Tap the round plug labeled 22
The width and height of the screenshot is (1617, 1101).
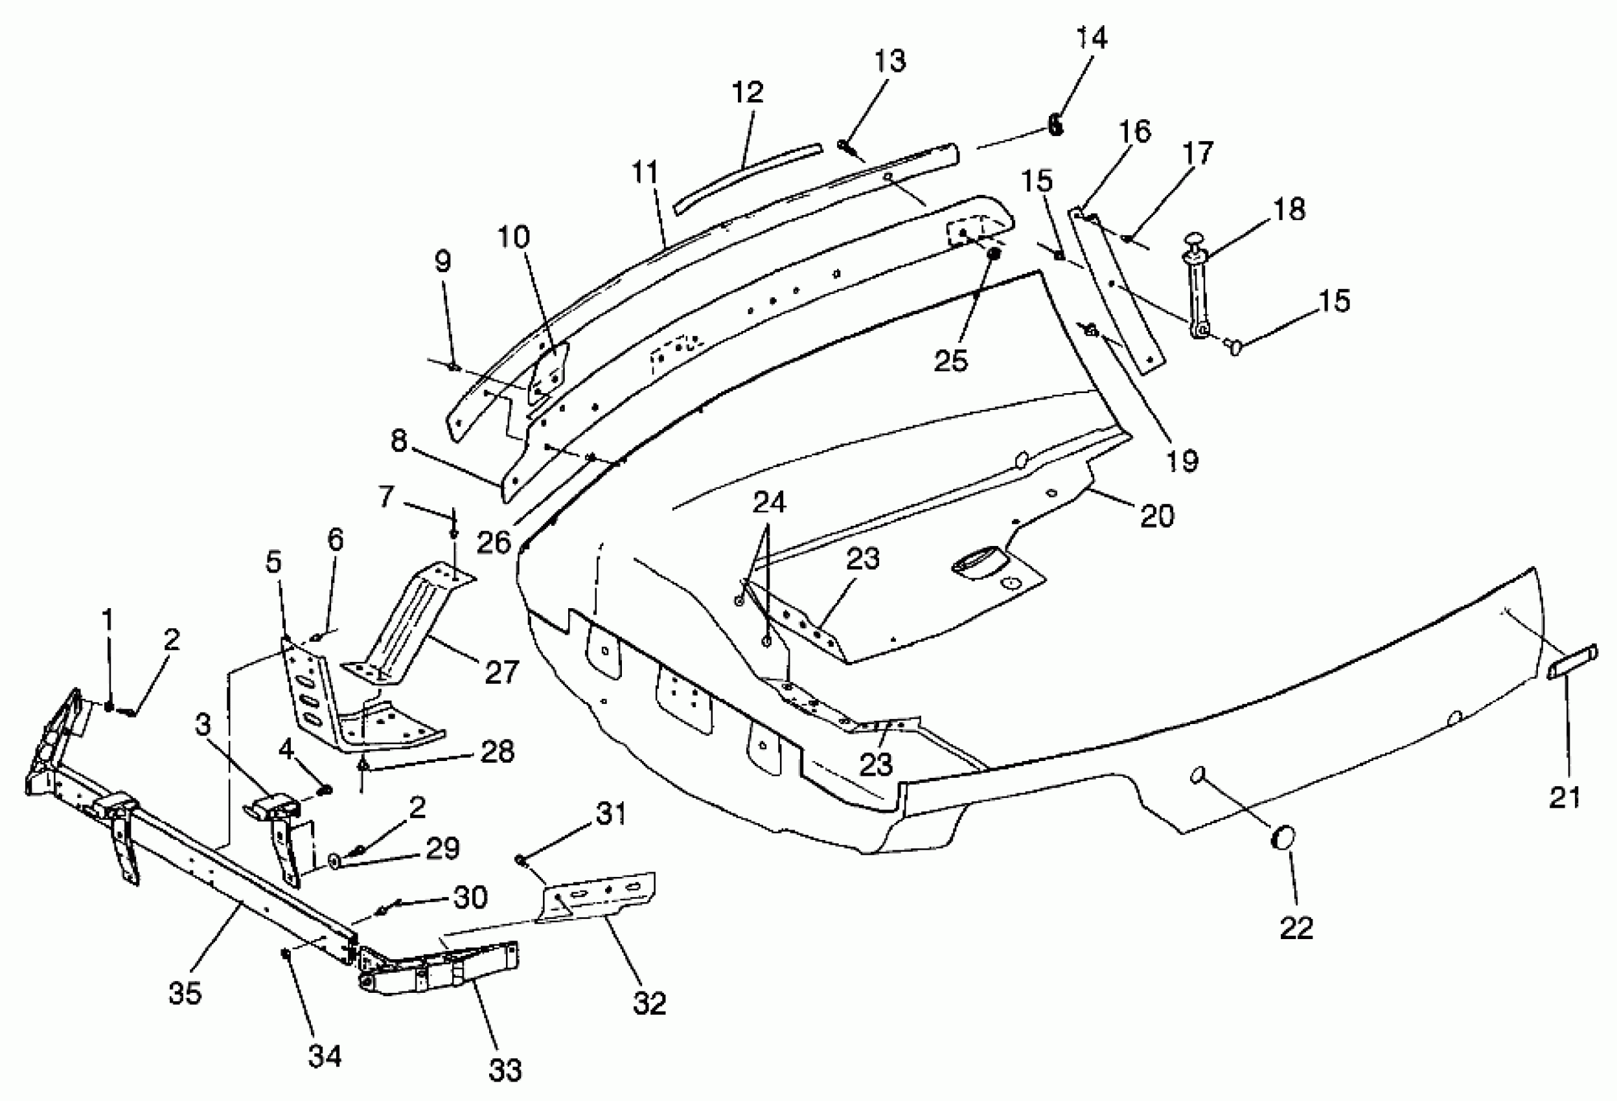point(1282,837)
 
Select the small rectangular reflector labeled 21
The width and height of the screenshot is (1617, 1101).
point(1572,663)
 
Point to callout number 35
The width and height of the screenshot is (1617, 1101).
point(185,992)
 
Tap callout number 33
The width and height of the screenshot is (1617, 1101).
point(505,1070)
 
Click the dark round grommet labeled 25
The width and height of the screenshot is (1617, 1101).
point(994,254)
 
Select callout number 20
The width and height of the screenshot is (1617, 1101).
point(1156,516)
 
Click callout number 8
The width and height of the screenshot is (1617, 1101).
point(398,441)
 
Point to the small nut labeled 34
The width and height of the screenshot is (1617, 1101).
point(285,953)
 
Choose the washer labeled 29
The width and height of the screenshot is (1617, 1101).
point(334,863)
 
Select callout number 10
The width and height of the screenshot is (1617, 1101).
point(514,237)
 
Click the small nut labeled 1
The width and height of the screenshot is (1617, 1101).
point(109,706)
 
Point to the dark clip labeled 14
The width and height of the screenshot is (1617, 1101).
point(1056,125)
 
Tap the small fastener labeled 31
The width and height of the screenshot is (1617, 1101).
point(520,860)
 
